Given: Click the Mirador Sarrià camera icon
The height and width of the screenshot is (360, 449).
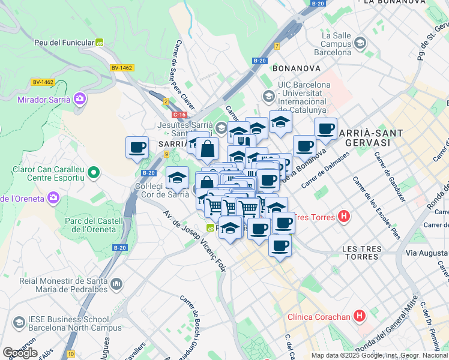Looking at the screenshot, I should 80,99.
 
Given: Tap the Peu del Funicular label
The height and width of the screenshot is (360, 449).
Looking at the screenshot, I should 64,43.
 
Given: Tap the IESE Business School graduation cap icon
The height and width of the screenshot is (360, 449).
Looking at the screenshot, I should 19,324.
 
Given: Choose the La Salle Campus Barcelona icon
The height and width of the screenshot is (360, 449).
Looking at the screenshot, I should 360,43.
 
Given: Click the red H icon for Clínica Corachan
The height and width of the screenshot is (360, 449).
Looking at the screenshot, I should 359,315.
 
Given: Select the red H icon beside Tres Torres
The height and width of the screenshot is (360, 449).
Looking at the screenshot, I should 343,216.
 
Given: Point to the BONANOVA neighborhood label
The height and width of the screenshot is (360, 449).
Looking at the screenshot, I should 295,68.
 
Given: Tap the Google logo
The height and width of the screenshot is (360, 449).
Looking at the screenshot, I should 20,353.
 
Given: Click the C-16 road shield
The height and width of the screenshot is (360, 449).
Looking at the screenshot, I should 179,114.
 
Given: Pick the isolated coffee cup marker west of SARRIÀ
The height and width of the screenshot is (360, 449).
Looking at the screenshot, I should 137,146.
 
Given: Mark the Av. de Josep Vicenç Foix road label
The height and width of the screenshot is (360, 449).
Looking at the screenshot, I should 194,240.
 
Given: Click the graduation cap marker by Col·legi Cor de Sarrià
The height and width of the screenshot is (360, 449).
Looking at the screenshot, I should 177,178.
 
